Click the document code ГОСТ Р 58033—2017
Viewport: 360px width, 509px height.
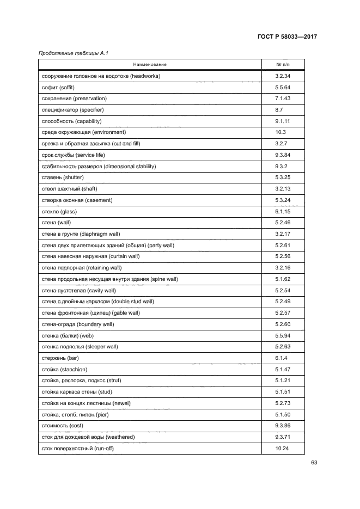tap(286, 37)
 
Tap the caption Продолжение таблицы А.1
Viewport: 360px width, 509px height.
tap(69, 53)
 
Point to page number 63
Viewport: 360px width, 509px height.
tap(314, 463)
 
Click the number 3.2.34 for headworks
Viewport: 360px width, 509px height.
tap(283, 76)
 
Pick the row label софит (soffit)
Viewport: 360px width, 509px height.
tap(58, 88)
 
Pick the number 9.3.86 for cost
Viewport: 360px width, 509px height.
tap(283, 426)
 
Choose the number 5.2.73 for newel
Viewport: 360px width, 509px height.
tap(283, 403)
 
